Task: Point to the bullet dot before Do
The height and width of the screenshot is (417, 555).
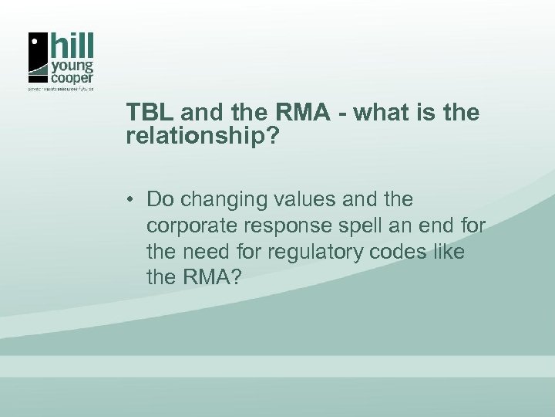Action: [x=133, y=200]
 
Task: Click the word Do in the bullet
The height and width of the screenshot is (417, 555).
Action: [x=159, y=199]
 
